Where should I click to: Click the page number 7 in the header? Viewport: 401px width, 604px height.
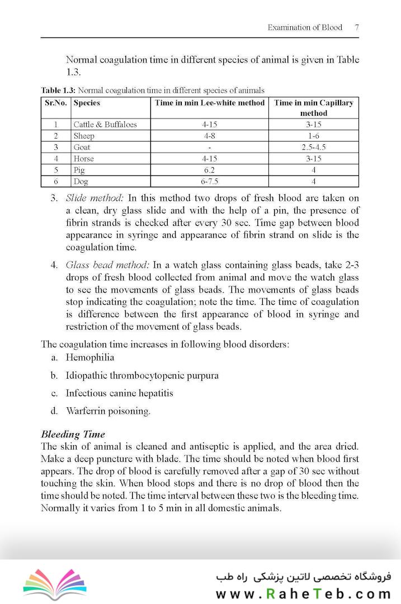pos(357,27)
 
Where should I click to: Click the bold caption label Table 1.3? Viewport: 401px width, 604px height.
pos(58,90)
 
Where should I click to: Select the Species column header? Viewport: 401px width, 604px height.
pos(87,103)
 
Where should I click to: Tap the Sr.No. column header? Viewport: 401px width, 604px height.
pos(56,103)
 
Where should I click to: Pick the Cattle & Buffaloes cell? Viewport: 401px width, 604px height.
pos(105,125)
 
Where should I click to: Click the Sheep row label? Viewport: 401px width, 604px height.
pos(84,136)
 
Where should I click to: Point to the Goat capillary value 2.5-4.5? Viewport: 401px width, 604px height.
pos(313,148)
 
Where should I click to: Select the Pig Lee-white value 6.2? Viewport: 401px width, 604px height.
pos(210,170)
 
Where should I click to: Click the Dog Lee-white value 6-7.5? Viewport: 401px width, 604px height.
pos(210,182)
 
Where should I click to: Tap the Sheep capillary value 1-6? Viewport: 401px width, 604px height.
pos(313,136)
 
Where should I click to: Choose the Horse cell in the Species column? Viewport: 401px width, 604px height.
pos(84,159)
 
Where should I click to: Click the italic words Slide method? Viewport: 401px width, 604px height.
pos(95,198)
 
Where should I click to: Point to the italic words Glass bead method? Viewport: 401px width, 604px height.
pos(107,265)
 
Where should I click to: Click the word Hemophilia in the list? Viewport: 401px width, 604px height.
pos(89,357)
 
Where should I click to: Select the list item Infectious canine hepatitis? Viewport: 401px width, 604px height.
pos(119,393)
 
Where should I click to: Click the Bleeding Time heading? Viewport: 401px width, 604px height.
pos(73,435)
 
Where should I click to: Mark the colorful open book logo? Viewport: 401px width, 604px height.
pos(55,584)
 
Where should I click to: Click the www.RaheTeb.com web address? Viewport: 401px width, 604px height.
pos(303,593)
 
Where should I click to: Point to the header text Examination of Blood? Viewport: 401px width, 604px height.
pos(305,27)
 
